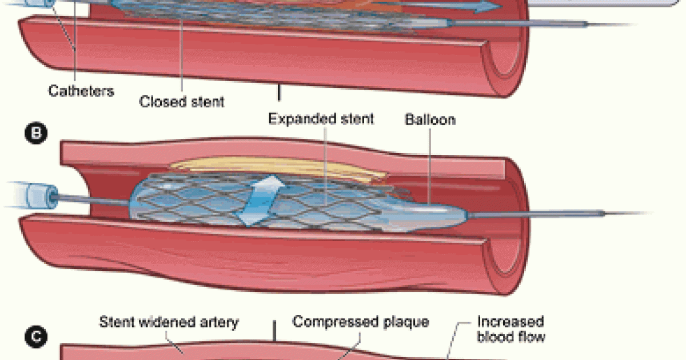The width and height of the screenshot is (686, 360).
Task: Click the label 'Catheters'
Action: [x=81, y=90]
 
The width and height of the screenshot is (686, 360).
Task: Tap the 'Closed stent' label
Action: [x=182, y=102]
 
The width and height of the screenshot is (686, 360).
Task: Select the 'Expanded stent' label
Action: [x=321, y=119]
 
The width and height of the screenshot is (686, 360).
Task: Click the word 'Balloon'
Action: [x=430, y=120]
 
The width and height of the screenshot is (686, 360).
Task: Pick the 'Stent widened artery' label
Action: [x=169, y=322]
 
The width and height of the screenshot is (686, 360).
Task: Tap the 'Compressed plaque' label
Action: [x=361, y=322]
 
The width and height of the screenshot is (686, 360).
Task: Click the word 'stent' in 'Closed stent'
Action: [x=207, y=102]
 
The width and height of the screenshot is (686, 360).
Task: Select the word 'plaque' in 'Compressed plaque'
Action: [x=406, y=322]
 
